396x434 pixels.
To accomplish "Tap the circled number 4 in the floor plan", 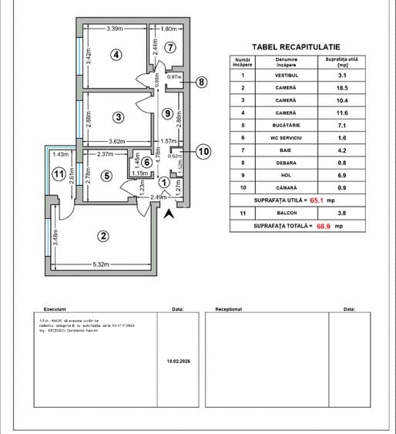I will [116, 54].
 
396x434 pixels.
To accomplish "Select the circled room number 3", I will [118, 117].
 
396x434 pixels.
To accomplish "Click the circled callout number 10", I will [203, 151].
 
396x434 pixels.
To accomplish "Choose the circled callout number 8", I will [201, 82].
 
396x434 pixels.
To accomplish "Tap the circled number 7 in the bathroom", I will [170, 47].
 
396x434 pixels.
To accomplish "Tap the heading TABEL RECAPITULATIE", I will [296, 46].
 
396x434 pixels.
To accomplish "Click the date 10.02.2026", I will [178, 359].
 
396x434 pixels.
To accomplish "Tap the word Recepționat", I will [229, 308].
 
